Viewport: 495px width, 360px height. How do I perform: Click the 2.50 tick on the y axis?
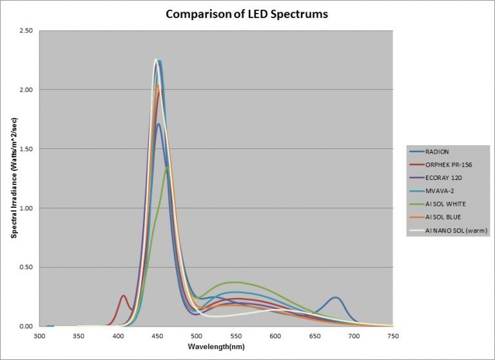coord(26,30)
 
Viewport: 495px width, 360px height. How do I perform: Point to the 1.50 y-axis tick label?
coord(26,149)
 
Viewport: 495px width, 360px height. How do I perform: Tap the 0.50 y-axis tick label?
coord(26,267)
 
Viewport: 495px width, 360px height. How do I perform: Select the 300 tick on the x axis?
coord(39,337)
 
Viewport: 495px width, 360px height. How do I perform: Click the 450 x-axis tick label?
coord(157,337)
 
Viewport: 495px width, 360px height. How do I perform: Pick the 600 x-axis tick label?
coord(275,337)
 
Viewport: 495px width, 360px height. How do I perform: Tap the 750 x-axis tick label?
coord(393,337)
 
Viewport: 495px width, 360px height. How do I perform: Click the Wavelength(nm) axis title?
coord(217,347)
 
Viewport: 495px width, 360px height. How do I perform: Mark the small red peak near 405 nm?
coord(123,296)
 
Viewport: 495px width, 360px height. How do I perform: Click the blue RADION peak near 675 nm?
coord(335,297)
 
